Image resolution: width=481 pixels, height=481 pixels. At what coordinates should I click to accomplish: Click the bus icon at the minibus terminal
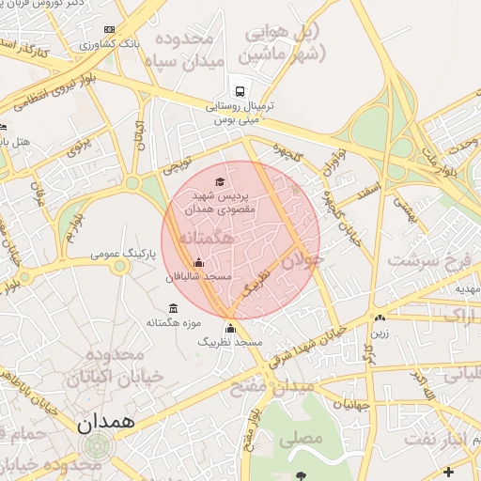(240, 92)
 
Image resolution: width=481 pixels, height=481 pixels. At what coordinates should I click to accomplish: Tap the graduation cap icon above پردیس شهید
(219, 181)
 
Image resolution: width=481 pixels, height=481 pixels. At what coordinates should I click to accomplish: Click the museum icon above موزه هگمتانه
(173, 308)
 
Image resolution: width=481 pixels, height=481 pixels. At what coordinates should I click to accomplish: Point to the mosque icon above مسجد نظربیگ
(231, 328)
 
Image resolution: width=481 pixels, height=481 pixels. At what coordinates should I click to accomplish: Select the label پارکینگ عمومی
(117, 254)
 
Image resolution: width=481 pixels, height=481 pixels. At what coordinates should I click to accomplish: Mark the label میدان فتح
(289, 386)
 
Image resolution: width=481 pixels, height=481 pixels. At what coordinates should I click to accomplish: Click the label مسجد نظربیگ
(228, 344)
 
